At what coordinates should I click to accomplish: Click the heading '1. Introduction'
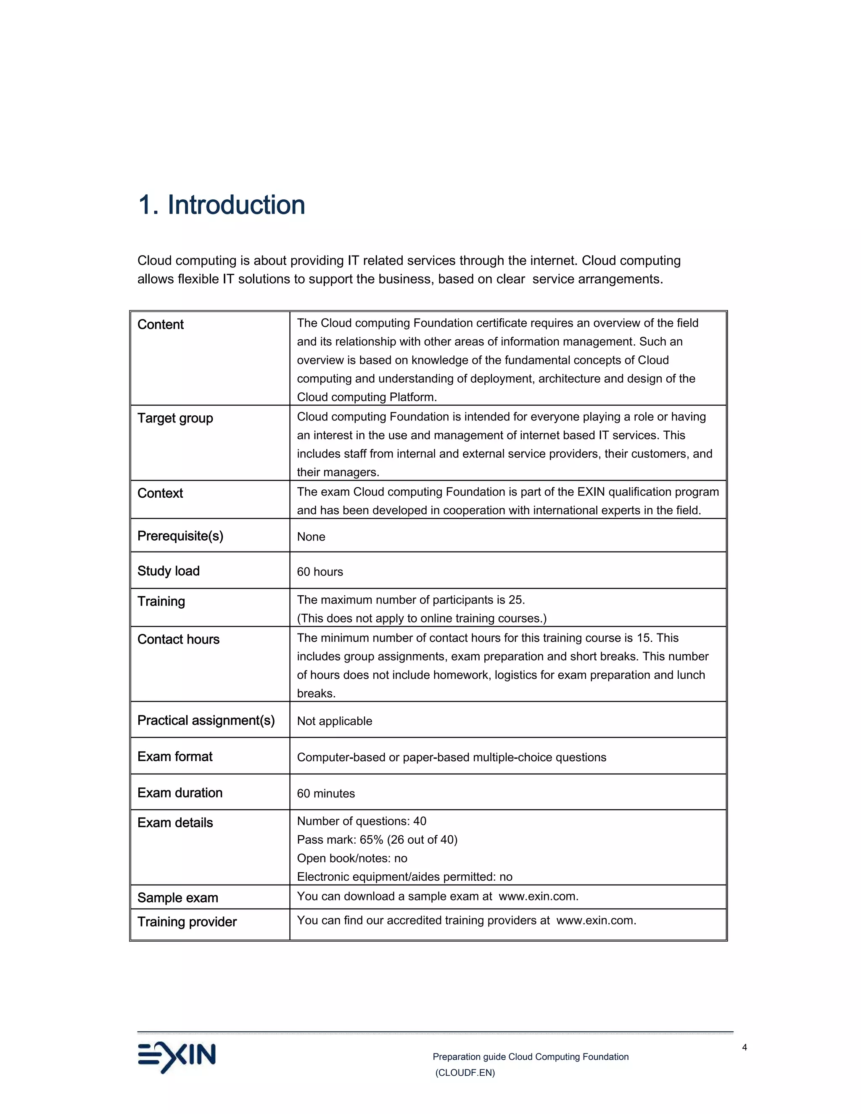click(222, 205)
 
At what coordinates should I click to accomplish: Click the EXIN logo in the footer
click(177, 1057)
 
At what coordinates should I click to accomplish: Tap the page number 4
click(744, 1047)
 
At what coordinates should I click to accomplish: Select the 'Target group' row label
click(175, 418)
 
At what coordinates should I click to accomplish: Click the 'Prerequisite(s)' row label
click(180, 536)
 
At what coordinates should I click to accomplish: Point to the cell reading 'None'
click(311, 536)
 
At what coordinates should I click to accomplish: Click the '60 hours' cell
click(320, 572)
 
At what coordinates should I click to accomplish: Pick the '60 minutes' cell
click(325, 794)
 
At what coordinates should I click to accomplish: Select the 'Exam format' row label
click(174, 756)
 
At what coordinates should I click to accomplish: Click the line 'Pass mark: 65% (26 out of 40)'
click(377, 840)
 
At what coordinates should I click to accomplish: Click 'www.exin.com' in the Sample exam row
click(538, 897)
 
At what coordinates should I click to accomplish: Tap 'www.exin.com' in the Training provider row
click(595, 921)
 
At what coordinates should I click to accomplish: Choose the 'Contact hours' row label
click(178, 640)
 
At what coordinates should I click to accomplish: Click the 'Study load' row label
click(168, 571)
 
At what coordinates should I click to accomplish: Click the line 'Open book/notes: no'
click(352, 858)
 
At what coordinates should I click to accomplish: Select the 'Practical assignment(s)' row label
click(206, 721)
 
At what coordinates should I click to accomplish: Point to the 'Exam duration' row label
click(180, 793)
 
